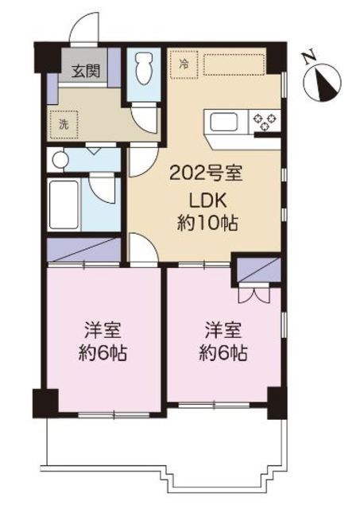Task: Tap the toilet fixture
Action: click(x=142, y=69)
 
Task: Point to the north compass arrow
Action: click(x=326, y=80)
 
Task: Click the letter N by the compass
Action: click(x=308, y=56)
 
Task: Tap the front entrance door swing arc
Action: click(x=84, y=29)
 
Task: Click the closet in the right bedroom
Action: click(x=255, y=270)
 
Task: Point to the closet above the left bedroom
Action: click(x=83, y=251)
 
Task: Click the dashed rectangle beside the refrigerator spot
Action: click(x=235, y=64)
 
